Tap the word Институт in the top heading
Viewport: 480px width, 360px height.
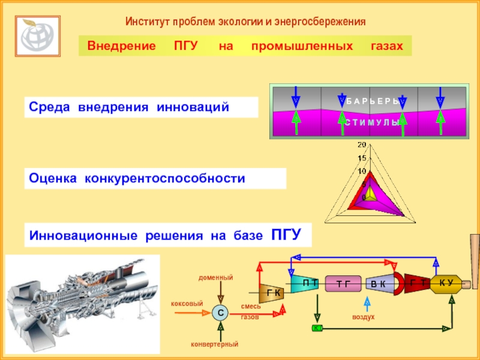click(x=147, y=22)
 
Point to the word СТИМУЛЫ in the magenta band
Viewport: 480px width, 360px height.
click(x=371, y=122)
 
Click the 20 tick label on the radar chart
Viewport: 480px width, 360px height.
click(x=361, y=145)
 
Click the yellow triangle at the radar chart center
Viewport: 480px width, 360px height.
click(x=371, y=193)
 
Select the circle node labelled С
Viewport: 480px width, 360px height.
click(x=220, y=313)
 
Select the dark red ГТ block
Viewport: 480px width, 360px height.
click(x=415, y=284)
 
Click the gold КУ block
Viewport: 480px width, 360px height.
click(x=446, y=284)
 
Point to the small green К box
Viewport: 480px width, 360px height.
click(x=317, y=328)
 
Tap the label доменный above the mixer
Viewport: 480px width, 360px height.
click(x=215, y=278)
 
